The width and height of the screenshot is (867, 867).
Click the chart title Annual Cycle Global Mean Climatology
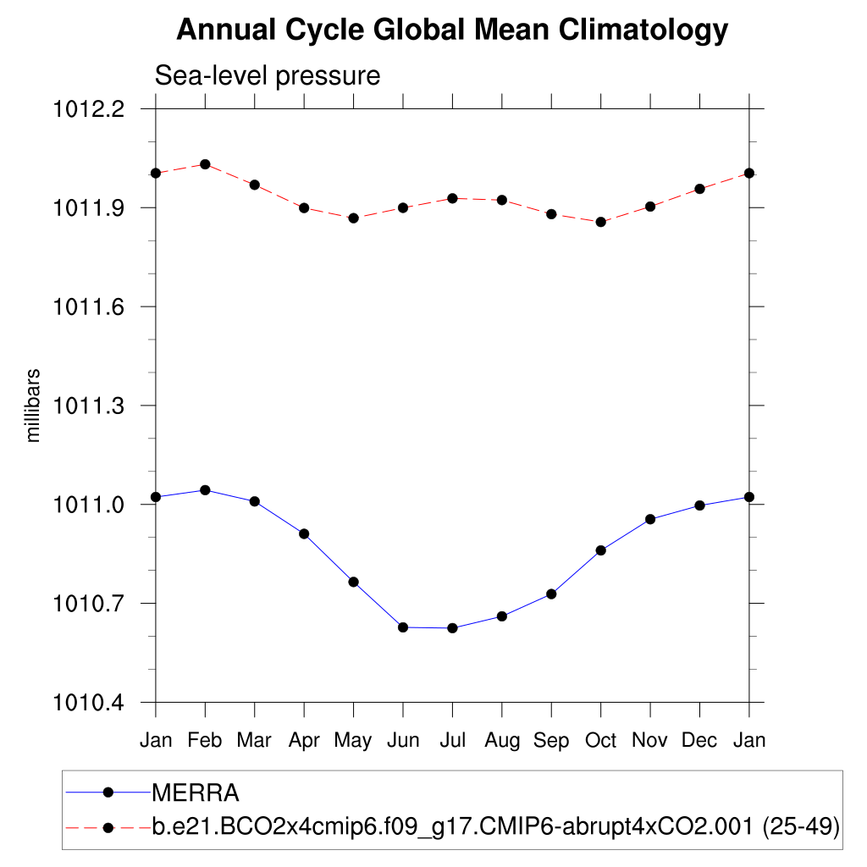[452, 30]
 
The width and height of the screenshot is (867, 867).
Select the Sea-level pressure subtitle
[268, 75]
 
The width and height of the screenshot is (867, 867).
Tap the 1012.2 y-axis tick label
[89, 109]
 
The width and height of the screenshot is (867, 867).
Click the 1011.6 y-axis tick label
[89, 306]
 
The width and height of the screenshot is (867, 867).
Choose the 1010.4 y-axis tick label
[89, 703]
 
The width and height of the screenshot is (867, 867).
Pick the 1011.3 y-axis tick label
[89, 406]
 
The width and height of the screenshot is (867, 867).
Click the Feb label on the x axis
[205, 741]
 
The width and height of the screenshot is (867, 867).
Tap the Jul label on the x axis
[453, 741]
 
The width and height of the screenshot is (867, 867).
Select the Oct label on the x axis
[601, 741]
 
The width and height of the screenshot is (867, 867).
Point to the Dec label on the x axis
[700, 741]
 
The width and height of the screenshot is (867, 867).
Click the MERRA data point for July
[452, 628]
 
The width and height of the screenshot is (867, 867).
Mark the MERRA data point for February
[205, 490]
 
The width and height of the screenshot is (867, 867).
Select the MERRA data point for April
[304, 533]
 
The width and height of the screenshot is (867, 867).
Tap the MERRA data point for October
[601, 550]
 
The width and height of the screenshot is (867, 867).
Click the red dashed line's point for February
[205, 164]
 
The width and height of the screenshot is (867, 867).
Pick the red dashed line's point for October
[601, 222]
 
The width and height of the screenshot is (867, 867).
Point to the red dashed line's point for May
[354, 218]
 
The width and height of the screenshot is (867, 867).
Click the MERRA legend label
[196, 793]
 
